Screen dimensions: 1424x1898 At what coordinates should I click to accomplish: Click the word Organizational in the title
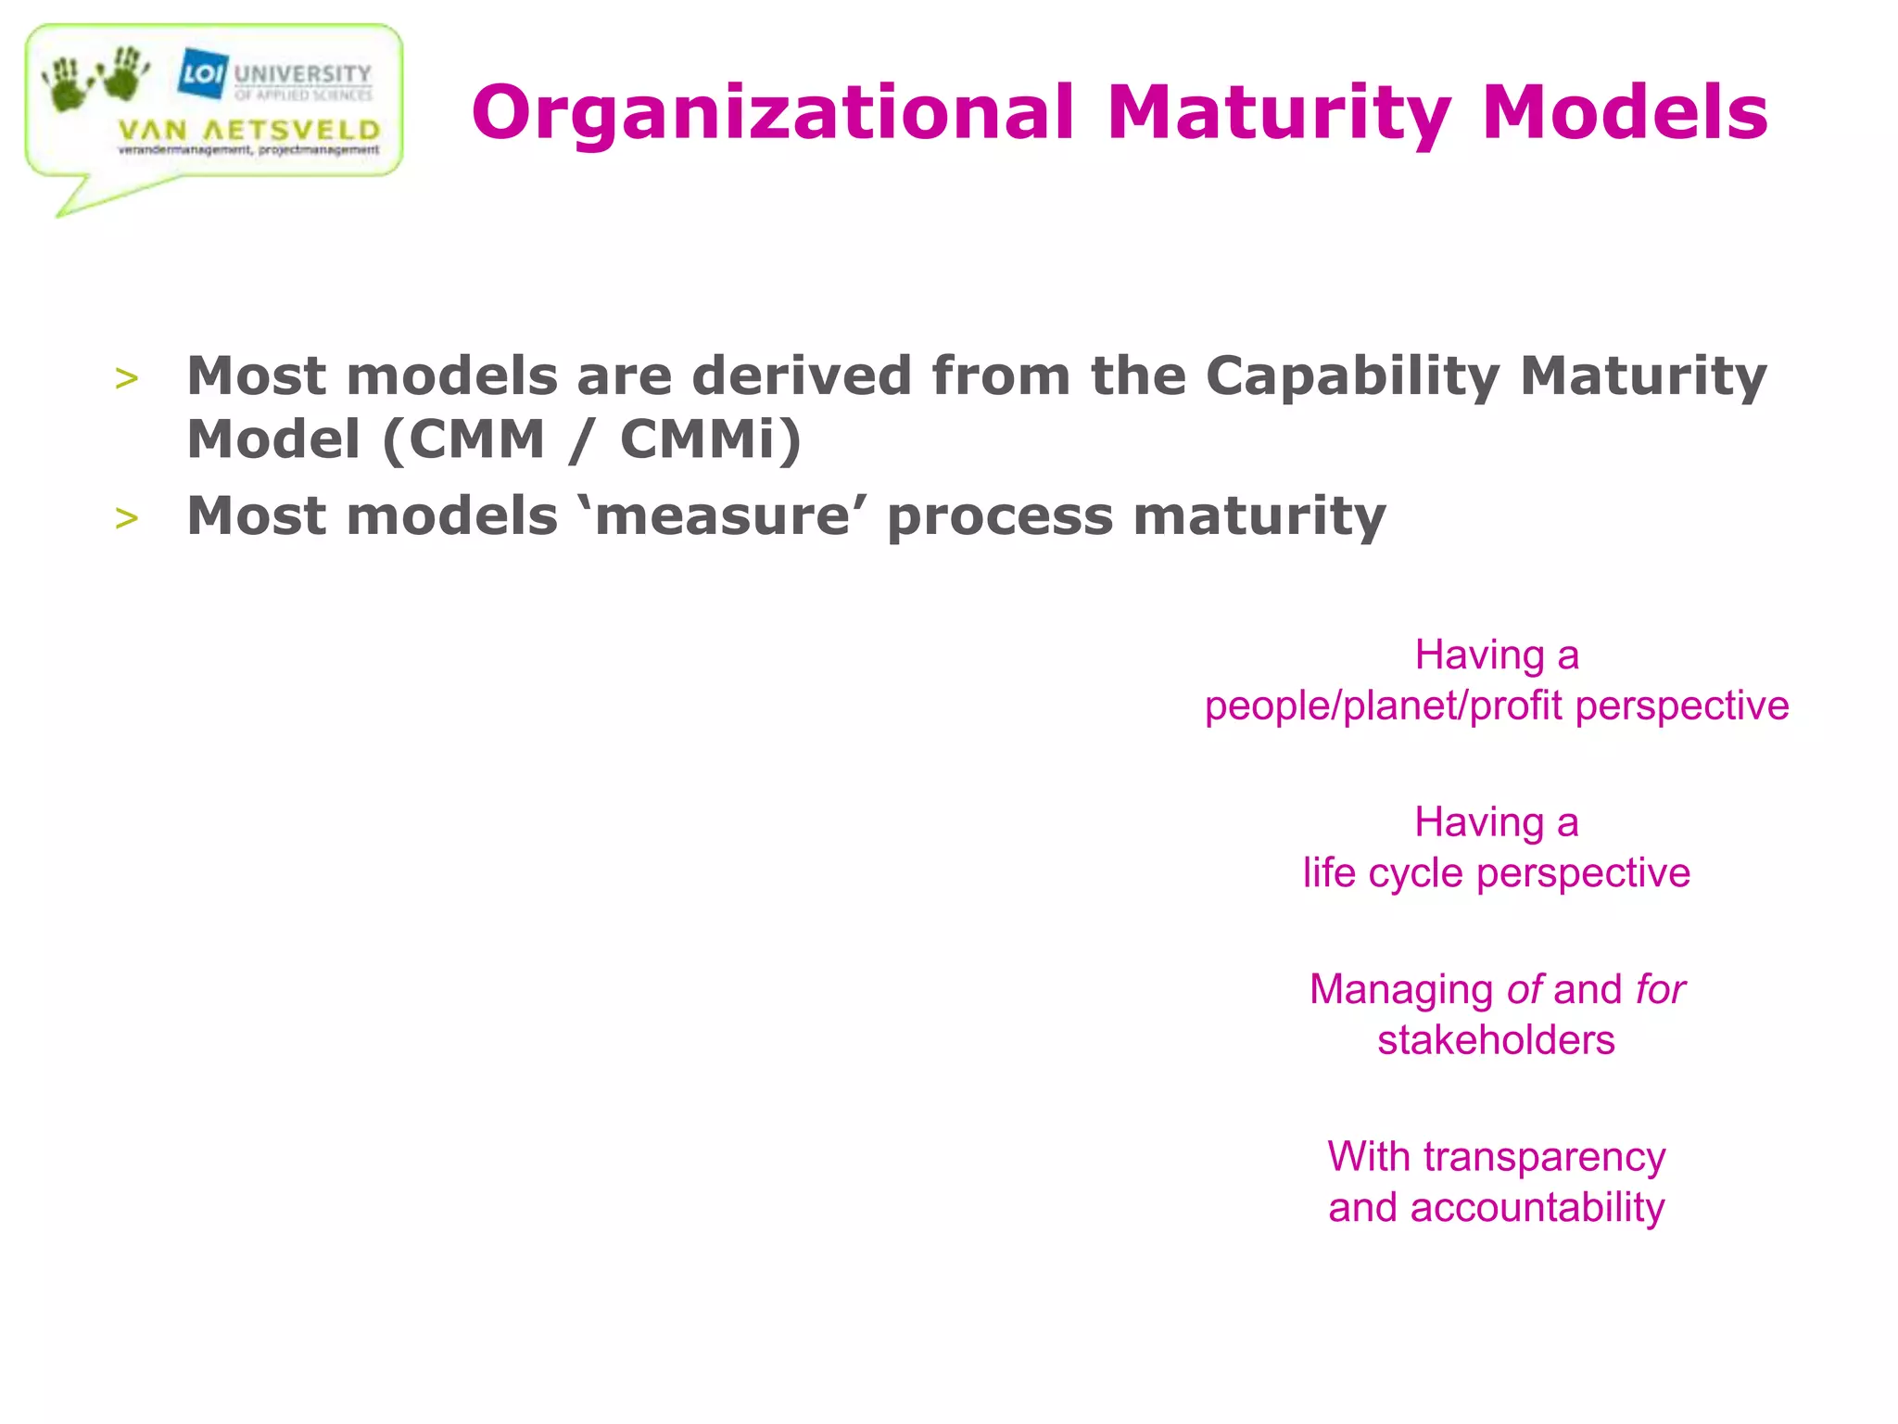(x=772, y=114)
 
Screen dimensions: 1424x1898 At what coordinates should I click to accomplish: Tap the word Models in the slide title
(x=1625, y=112)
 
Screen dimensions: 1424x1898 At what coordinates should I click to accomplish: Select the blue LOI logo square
(x=202, y=72)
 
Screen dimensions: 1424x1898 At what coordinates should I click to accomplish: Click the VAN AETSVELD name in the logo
(x=249, y=131)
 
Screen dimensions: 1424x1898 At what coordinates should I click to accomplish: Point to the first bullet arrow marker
(x=127, y=378)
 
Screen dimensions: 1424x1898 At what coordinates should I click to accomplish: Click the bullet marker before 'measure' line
(x=127, y=518)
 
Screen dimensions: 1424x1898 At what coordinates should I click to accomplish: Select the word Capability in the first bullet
(x=1352, y=378)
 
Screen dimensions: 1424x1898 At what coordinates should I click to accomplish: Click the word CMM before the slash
(x=476, y=439)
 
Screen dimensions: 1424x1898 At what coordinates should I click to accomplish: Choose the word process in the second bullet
(x=1000, y=518)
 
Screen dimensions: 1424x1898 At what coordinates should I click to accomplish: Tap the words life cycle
(x=1383, y=873)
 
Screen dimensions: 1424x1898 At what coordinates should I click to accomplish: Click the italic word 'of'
(x=1525, y=989)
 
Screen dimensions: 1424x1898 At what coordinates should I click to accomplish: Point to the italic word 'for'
(x=1660, y=989)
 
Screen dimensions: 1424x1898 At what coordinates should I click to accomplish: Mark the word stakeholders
(x=1496, y=1040)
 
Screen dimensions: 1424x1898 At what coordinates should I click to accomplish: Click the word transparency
(x=1544, y=1158)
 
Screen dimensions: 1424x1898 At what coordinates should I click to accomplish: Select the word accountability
(x=1537, y=1208)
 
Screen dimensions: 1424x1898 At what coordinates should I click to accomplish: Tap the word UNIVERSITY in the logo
(x=302, y=73)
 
